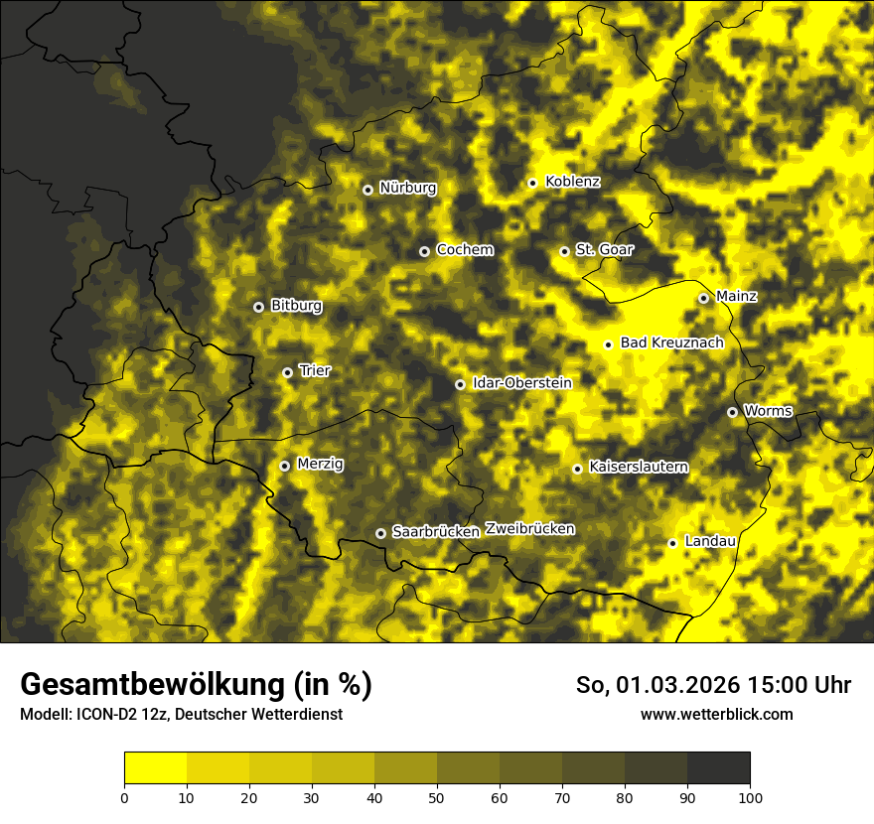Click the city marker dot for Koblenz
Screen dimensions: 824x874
(x=532, y=183)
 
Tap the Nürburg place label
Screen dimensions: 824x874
(x=407, y=188)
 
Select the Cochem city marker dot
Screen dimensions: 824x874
(x=424, y=251)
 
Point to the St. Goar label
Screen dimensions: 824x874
(x=604, y=249)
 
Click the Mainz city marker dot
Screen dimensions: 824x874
(x=703, y=298)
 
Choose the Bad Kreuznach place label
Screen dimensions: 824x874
(x=671, y=343)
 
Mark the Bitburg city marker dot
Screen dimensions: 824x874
(x=258, y=307)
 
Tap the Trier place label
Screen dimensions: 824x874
(x=315, y=370)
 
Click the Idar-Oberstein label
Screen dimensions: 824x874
(x=521, y=382)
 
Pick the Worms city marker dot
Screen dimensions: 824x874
(x=732, y=412)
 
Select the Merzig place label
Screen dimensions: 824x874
(x=320, y=464)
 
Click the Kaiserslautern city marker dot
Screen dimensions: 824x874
(x=577, y=469)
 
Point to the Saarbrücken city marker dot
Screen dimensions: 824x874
(x=380, y=533)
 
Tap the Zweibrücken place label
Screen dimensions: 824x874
(x=529, y=529)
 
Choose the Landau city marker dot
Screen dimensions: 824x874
(x=672, y=543)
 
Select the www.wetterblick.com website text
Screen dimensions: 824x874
(x=716, y=714)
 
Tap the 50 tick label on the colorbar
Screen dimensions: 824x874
(x=437, y=797)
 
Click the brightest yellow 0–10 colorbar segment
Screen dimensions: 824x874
(x=155, y=768)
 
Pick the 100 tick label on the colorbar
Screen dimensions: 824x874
(x=750, y=797)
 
